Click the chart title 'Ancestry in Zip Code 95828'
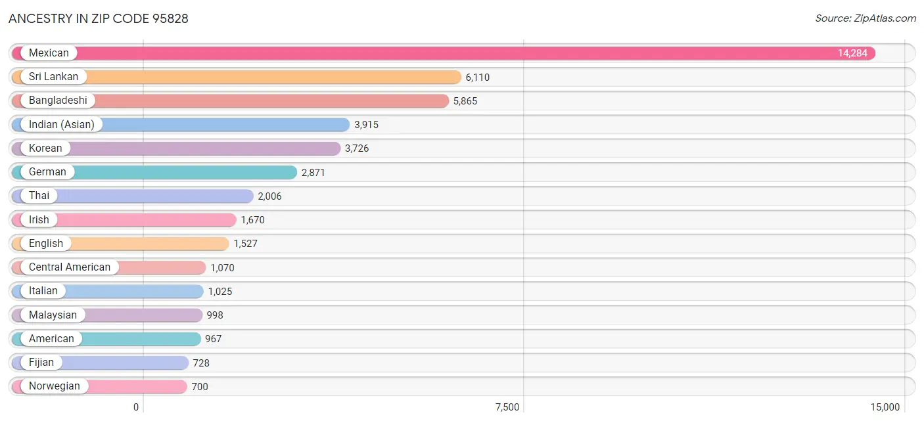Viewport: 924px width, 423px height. pos(98,18)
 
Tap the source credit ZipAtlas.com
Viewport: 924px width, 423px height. pos(866,18)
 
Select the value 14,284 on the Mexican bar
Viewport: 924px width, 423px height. pos(852,53)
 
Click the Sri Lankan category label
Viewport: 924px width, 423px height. pos(53,77)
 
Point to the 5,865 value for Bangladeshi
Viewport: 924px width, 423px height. pos(465,101)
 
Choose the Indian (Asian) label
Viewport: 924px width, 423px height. pos(62,125)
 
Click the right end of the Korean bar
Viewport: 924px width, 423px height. pos(340,148)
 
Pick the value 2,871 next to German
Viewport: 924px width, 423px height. pos(313,172)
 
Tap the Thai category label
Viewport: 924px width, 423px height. pos(39,196)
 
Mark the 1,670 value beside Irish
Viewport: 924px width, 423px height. pos(252,220)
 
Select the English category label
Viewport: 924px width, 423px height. pos(46,243)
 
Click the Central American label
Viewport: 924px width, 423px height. pos(69,267)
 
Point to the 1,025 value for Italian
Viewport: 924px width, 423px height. pos(220,292)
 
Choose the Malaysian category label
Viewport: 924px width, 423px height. pos(53,315)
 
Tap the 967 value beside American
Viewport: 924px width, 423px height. pos(214,339)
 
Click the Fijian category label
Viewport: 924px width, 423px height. pos(41,363)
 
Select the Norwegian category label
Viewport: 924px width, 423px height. pos(55,386)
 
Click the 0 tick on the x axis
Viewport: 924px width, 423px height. pos(136,407)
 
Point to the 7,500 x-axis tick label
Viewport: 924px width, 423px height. pos(507,407)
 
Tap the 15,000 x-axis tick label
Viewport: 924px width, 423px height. pos(885,407)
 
